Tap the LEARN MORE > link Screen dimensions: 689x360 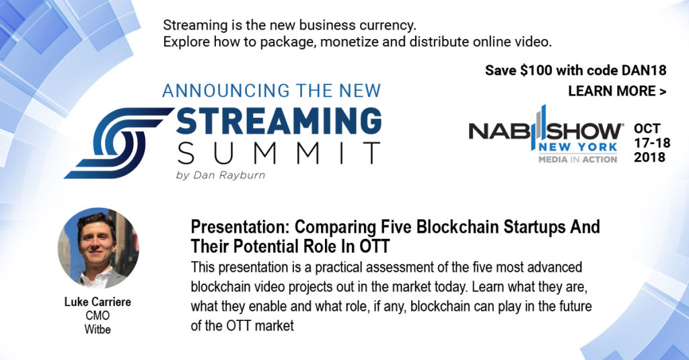click(618, 91)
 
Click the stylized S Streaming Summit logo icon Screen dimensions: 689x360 click(119, 143)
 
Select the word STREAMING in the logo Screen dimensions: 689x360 click(279, 121)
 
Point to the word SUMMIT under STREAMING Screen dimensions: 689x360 click(279, 153)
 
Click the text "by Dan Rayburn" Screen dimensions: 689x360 click(221, 175)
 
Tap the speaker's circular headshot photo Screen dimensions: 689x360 click(98, 248)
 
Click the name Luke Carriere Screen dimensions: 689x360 click(98, 302)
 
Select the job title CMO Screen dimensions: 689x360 click(98, 316)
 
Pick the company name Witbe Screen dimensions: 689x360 click(98, 329)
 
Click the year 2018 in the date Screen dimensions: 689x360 click(649, 157)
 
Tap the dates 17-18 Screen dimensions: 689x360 click(652, 143)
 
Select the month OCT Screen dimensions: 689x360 click(647, 129)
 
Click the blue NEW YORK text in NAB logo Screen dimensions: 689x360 click(578, 147)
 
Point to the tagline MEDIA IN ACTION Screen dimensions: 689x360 click(578, 159)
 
